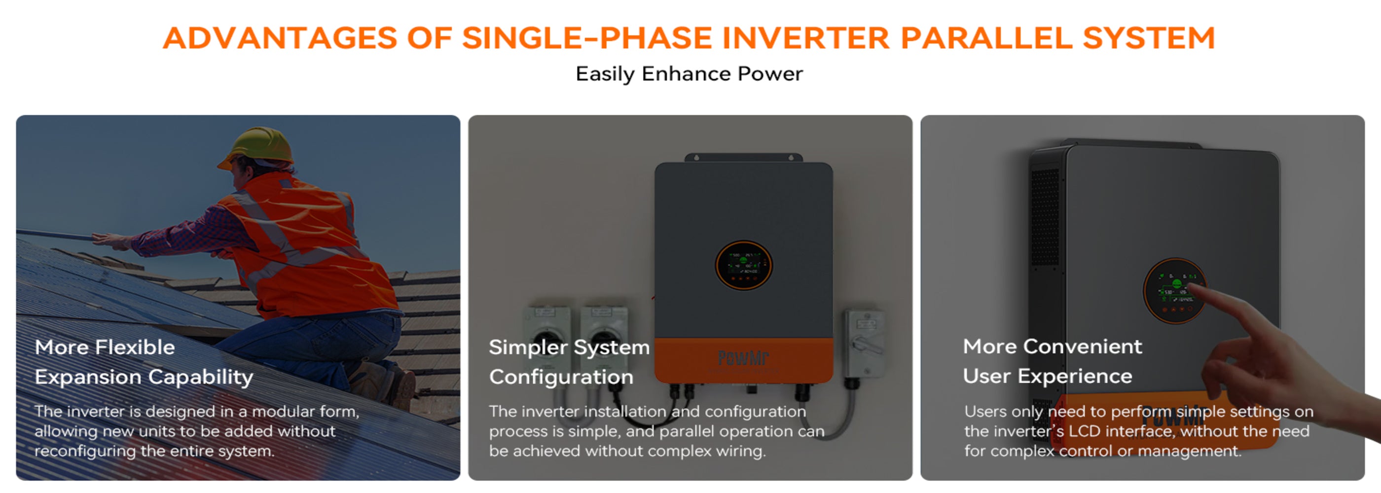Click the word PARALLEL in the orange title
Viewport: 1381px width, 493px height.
986,38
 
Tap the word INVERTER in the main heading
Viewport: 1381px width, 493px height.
805,38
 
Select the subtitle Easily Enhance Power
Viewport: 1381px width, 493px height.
689,74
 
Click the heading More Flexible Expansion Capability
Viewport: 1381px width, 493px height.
144,362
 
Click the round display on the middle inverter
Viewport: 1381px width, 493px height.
744,265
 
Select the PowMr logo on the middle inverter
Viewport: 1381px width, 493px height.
744,357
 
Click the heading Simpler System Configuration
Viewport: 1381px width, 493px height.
568,362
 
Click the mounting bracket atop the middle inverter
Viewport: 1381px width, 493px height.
744,158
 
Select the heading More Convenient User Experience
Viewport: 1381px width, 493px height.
1053,362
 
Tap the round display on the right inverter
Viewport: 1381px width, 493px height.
1174,290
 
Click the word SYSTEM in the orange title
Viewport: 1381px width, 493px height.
1149,38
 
